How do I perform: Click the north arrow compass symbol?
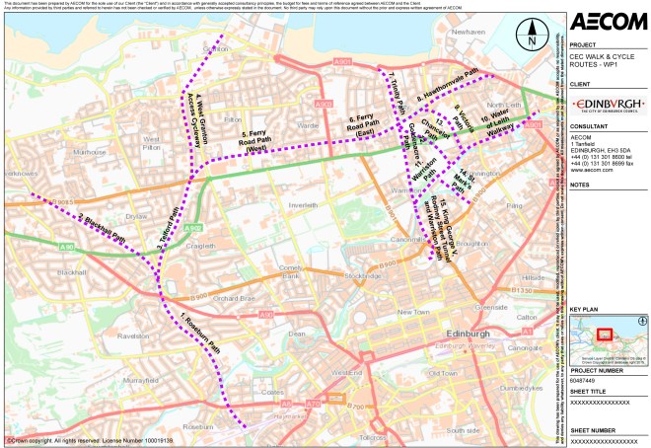(x=530, y=38)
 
